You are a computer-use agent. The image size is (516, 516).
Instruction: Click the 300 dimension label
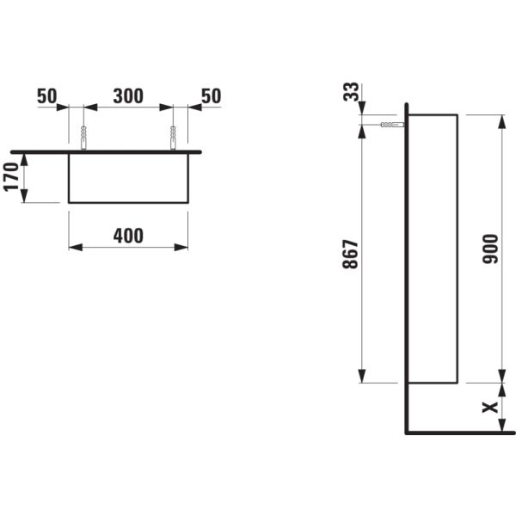[128, 96]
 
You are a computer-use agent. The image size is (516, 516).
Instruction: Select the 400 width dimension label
[128, 235]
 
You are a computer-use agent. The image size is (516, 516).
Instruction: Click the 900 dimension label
[492, 249]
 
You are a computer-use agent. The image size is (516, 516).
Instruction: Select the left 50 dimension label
[47, 96]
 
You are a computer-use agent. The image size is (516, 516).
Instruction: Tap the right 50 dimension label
[211, 96]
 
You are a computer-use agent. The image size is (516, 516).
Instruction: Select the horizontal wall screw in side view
[390, 125]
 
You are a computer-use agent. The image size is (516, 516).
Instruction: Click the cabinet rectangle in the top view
[128, 177]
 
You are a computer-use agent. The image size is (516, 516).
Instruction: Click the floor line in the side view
[456, 433]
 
